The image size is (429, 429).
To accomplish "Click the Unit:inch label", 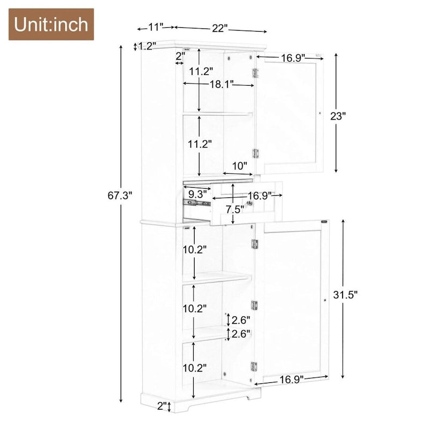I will coord(51,25).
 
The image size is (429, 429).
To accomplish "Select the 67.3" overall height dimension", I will coord(120,196).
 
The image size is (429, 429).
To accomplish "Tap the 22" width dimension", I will coord(219,28).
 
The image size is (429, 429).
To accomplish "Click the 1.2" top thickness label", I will coord(147,46).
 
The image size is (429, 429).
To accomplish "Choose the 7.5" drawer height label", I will coord(234,208).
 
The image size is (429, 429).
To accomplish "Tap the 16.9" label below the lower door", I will coord(291,379).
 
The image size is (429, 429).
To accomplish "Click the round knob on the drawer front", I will coord(249,203).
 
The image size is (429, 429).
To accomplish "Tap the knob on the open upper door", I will coord(320,113).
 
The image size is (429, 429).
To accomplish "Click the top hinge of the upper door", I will coord(256,72).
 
